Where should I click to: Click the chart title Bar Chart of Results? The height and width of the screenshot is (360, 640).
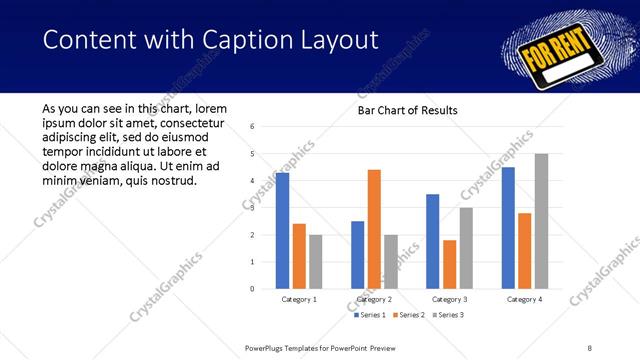[x=407, y=110]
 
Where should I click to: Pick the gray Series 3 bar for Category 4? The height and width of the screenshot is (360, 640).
[x=541, y=221]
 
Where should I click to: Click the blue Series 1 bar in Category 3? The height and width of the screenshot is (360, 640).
[x=432, y=241]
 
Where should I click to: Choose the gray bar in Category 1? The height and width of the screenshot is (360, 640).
[x=316, y=261]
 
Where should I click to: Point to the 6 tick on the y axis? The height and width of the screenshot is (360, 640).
[x=253, y=127]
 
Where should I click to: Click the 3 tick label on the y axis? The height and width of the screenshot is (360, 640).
[x=253, y=208]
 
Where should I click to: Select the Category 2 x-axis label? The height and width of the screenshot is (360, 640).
[x=373, y=299]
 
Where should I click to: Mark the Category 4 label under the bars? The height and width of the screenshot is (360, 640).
[x=524, y=299]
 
